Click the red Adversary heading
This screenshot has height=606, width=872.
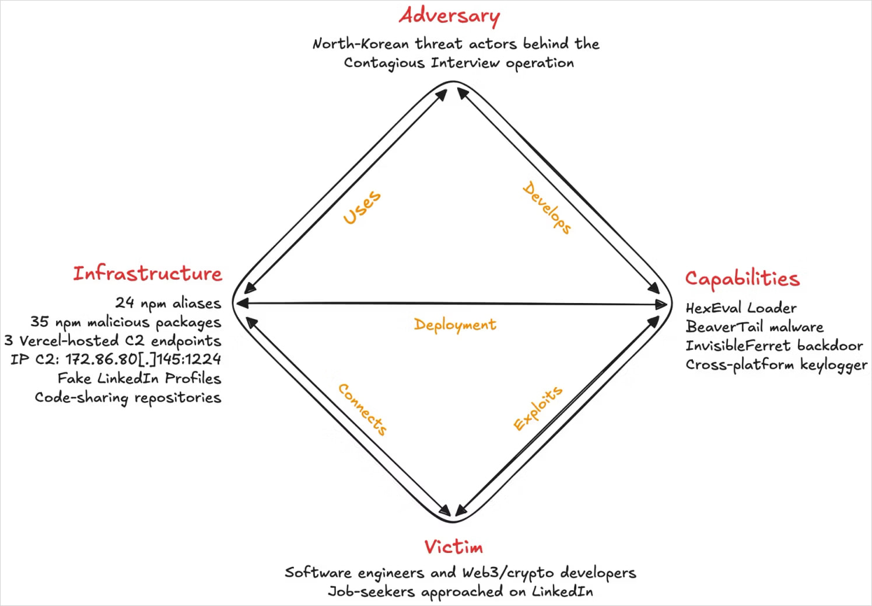(449, 16)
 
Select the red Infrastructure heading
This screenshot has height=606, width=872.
(148, 273)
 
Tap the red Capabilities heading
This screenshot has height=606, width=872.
(742, 278)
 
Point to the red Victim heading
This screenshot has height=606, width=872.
(454, 547)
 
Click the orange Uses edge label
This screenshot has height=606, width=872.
(362, 207)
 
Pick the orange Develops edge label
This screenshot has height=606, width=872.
(547, 208)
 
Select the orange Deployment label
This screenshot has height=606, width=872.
(455, 325)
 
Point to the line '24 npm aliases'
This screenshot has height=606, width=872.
(168, 303)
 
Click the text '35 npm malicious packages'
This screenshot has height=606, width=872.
(126, 322)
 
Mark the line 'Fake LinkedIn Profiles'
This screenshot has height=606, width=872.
(139, 378)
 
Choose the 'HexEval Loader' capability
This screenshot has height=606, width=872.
(741, 308)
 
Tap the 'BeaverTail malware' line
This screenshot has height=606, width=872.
(754, 326)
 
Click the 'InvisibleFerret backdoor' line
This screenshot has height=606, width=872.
(774, 346)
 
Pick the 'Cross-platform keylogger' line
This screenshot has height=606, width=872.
(776, 365)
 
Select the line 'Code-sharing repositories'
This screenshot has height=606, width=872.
(128, 398)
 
